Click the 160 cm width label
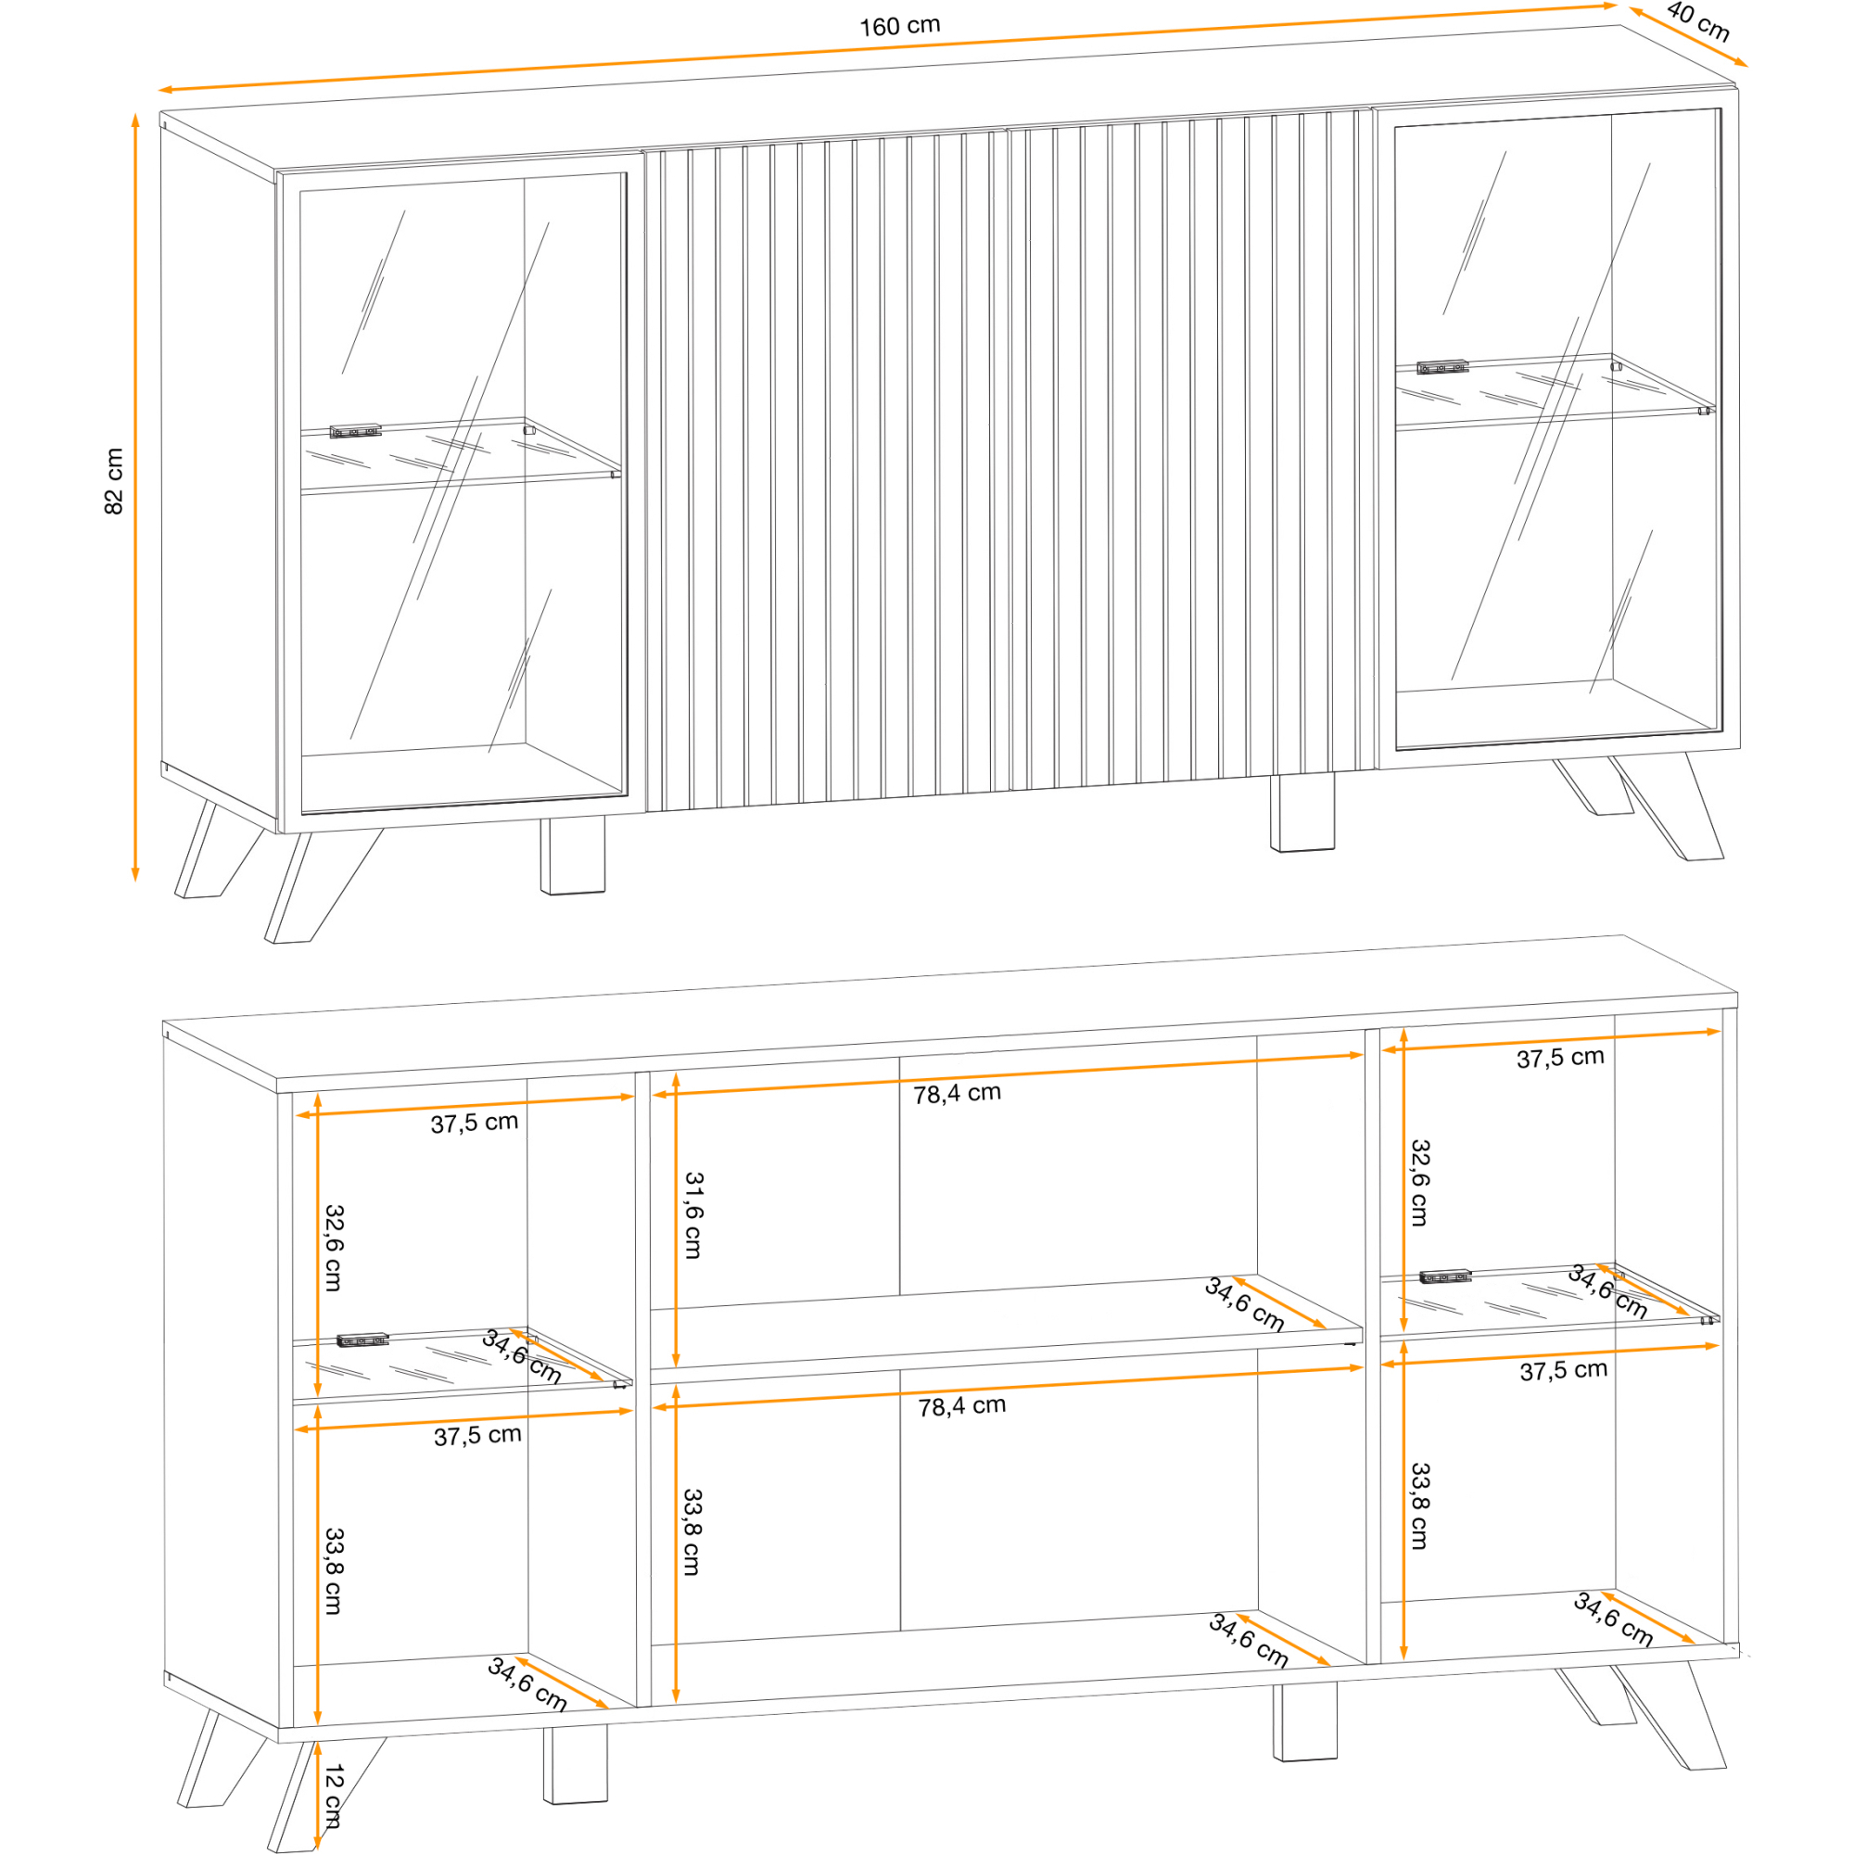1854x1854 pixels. pyautogui.click(x=899, y=26)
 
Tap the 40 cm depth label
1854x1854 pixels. pyautogui.click(x=1697, y=22)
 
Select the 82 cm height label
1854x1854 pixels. pyautogui.click(x=114, y=481)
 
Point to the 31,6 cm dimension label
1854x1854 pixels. pyautogui.click(x=692, y=1215)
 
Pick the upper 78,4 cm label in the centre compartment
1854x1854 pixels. pyautogui.click(x=957, y=1093)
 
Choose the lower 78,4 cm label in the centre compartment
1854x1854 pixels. pyautogui.click(x=961, y=1407)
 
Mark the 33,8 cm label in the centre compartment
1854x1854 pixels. pyautogui.click(x=692, y=1532)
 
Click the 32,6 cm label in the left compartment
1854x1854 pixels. pyautogui.click(x=333, y=1248)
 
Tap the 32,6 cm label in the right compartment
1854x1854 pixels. pyautogui.click(x=1419, y=1182)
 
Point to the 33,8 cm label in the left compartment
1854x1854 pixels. pyautogui.click(x=333, y=1571)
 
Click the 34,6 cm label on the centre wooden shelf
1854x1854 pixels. pyautogui.click(x=1245, y=1304)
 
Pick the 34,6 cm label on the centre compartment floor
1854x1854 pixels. pyautogui.click(x=1249, y=1639)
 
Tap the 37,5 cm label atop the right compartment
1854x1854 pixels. pyautogui.click(x=1560, y=1058)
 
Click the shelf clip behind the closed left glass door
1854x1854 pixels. pyautogui.click(x=356, y=431)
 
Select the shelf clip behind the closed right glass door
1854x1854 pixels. pyautogui.click(x=1443, y=367)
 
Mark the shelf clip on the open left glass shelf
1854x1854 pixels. pyautogui.click(x=362, y=1340)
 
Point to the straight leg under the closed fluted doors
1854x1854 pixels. pyautogui.click(x=1302, y=812)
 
